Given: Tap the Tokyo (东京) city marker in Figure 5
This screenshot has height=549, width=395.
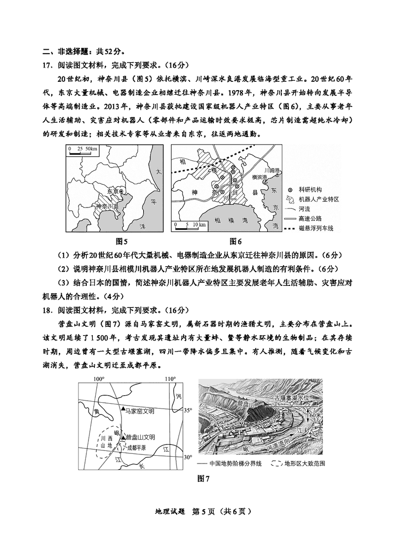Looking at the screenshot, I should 121,191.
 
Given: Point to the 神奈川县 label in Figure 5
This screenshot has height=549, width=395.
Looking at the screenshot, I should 107,206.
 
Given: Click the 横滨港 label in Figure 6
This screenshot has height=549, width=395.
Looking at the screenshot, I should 260,177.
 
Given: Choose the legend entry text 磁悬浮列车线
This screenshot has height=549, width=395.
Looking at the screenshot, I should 316,228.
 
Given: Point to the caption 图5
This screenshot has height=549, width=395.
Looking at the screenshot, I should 121,241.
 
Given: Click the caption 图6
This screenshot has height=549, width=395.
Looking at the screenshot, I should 236,241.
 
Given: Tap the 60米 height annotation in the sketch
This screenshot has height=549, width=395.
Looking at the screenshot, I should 315,416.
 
